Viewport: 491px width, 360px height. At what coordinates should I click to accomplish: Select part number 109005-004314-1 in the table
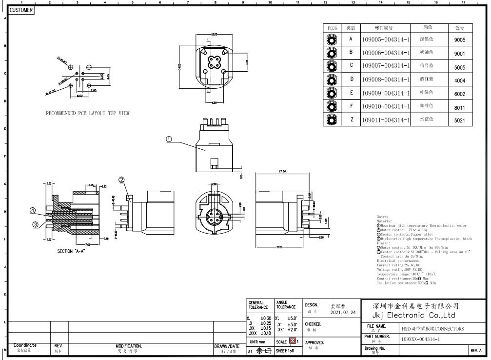coord(385,40)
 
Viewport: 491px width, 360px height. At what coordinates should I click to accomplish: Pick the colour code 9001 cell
coord(459,54)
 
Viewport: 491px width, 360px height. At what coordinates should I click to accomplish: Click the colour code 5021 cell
coord(459,120)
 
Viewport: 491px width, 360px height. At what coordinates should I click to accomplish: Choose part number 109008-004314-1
coord(385,80)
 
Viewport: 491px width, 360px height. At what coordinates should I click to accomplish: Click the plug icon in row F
coord(332,106)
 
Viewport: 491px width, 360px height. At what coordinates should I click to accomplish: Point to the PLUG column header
coord(332,28)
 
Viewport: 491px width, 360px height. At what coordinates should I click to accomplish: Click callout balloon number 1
coord(169,139)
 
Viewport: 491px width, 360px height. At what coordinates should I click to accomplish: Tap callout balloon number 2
coord(121,180)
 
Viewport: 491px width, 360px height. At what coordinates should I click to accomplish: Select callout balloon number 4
coord(33,210)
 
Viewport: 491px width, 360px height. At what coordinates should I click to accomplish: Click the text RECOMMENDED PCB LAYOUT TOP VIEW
coord(88,113)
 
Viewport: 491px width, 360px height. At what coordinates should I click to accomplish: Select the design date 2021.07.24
coord(343,312)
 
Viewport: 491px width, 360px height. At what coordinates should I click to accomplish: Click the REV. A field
coord(476,351)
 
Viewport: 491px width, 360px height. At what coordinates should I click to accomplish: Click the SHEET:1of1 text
coord(287,351)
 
